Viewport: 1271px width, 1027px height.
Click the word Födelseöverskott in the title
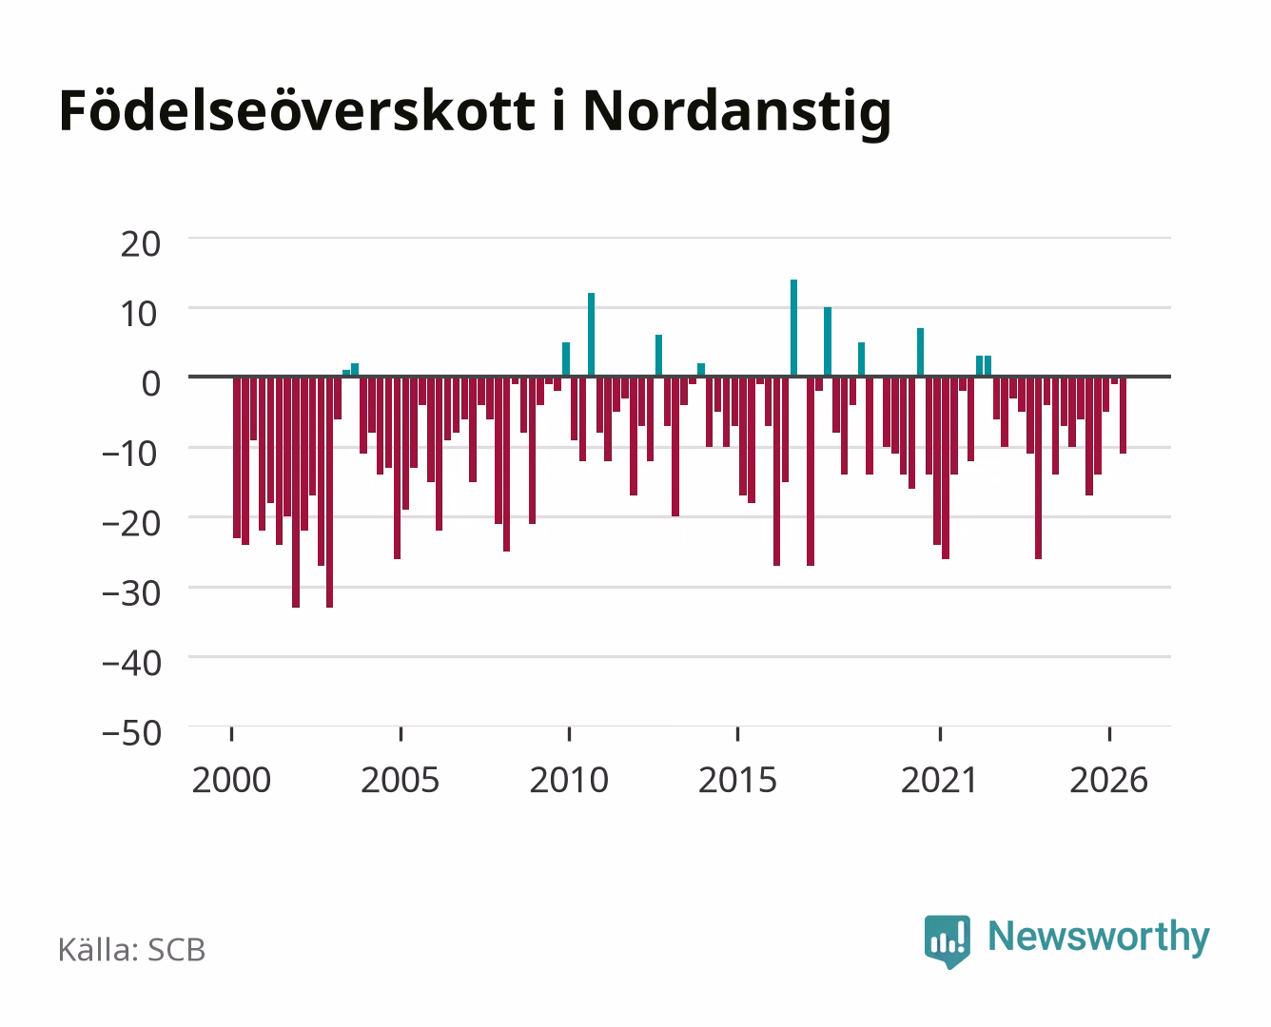pos(297,111)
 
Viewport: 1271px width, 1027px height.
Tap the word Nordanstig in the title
pos(736,113)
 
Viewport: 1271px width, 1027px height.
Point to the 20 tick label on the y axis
pos(141,244)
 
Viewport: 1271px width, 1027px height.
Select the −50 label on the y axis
pos(132,733)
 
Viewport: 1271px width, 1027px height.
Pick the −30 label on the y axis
pos(132,593)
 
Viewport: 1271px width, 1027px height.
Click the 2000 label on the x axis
pos(231,780)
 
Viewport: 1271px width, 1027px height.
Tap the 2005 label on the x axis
pos(401,780)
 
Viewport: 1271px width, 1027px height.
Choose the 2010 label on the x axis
pos(569,780)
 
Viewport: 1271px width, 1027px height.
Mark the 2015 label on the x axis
pos(738,780)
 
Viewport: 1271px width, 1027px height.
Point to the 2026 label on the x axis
pos(1109,780)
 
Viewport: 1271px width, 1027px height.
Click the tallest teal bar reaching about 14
pos(793,328)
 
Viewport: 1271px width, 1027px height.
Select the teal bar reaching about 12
pos(592,335)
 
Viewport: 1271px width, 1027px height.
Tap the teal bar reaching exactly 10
pos(828,341)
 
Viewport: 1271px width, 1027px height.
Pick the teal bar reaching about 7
pos(921,353)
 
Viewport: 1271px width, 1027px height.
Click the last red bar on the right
pos(1123,416)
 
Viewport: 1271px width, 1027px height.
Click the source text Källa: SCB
pos(132,950)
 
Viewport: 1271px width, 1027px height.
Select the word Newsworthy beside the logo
pos(1099,937)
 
